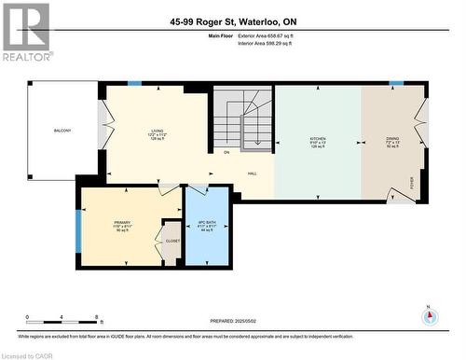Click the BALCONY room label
pyautogui.click(x=62, y=131)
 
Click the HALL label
pyautogui.click(x=252, y=173)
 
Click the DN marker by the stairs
pyautogui.click(x=226, y=152)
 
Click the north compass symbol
pyautogui.click(x=429, y=315)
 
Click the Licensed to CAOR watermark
pyautogui.click(x=27, y=354)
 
